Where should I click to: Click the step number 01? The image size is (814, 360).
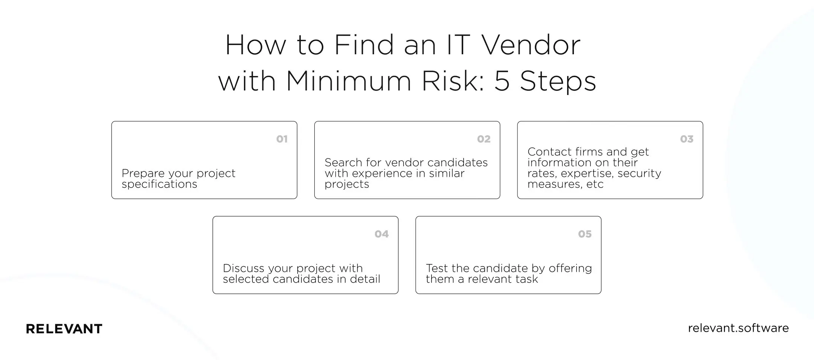pyautogui.click(x=282, y=139)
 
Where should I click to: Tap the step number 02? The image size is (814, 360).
pyautogui.click(x=484, y=139)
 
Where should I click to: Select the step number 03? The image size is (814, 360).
pyautogui.click(x=687, y=139)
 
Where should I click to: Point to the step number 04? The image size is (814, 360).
pyautogui.click(x=381, y=234)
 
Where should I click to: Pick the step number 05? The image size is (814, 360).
pyautogui.click(x=585, y=234)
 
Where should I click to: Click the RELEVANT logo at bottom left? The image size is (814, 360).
pyautogui.click(x=64, y=329)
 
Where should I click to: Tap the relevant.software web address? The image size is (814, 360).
pyautogui.click(x=738, y=328)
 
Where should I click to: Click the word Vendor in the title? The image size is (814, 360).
pyautogui.click(x=531, y=45)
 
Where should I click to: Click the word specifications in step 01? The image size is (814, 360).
pyautogui.click(x=159, y=184)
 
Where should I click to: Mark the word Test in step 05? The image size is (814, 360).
pyautogui.click(x=437, y=268)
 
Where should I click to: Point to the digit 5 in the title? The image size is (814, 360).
pyautogui.click(x=502, y=81)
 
